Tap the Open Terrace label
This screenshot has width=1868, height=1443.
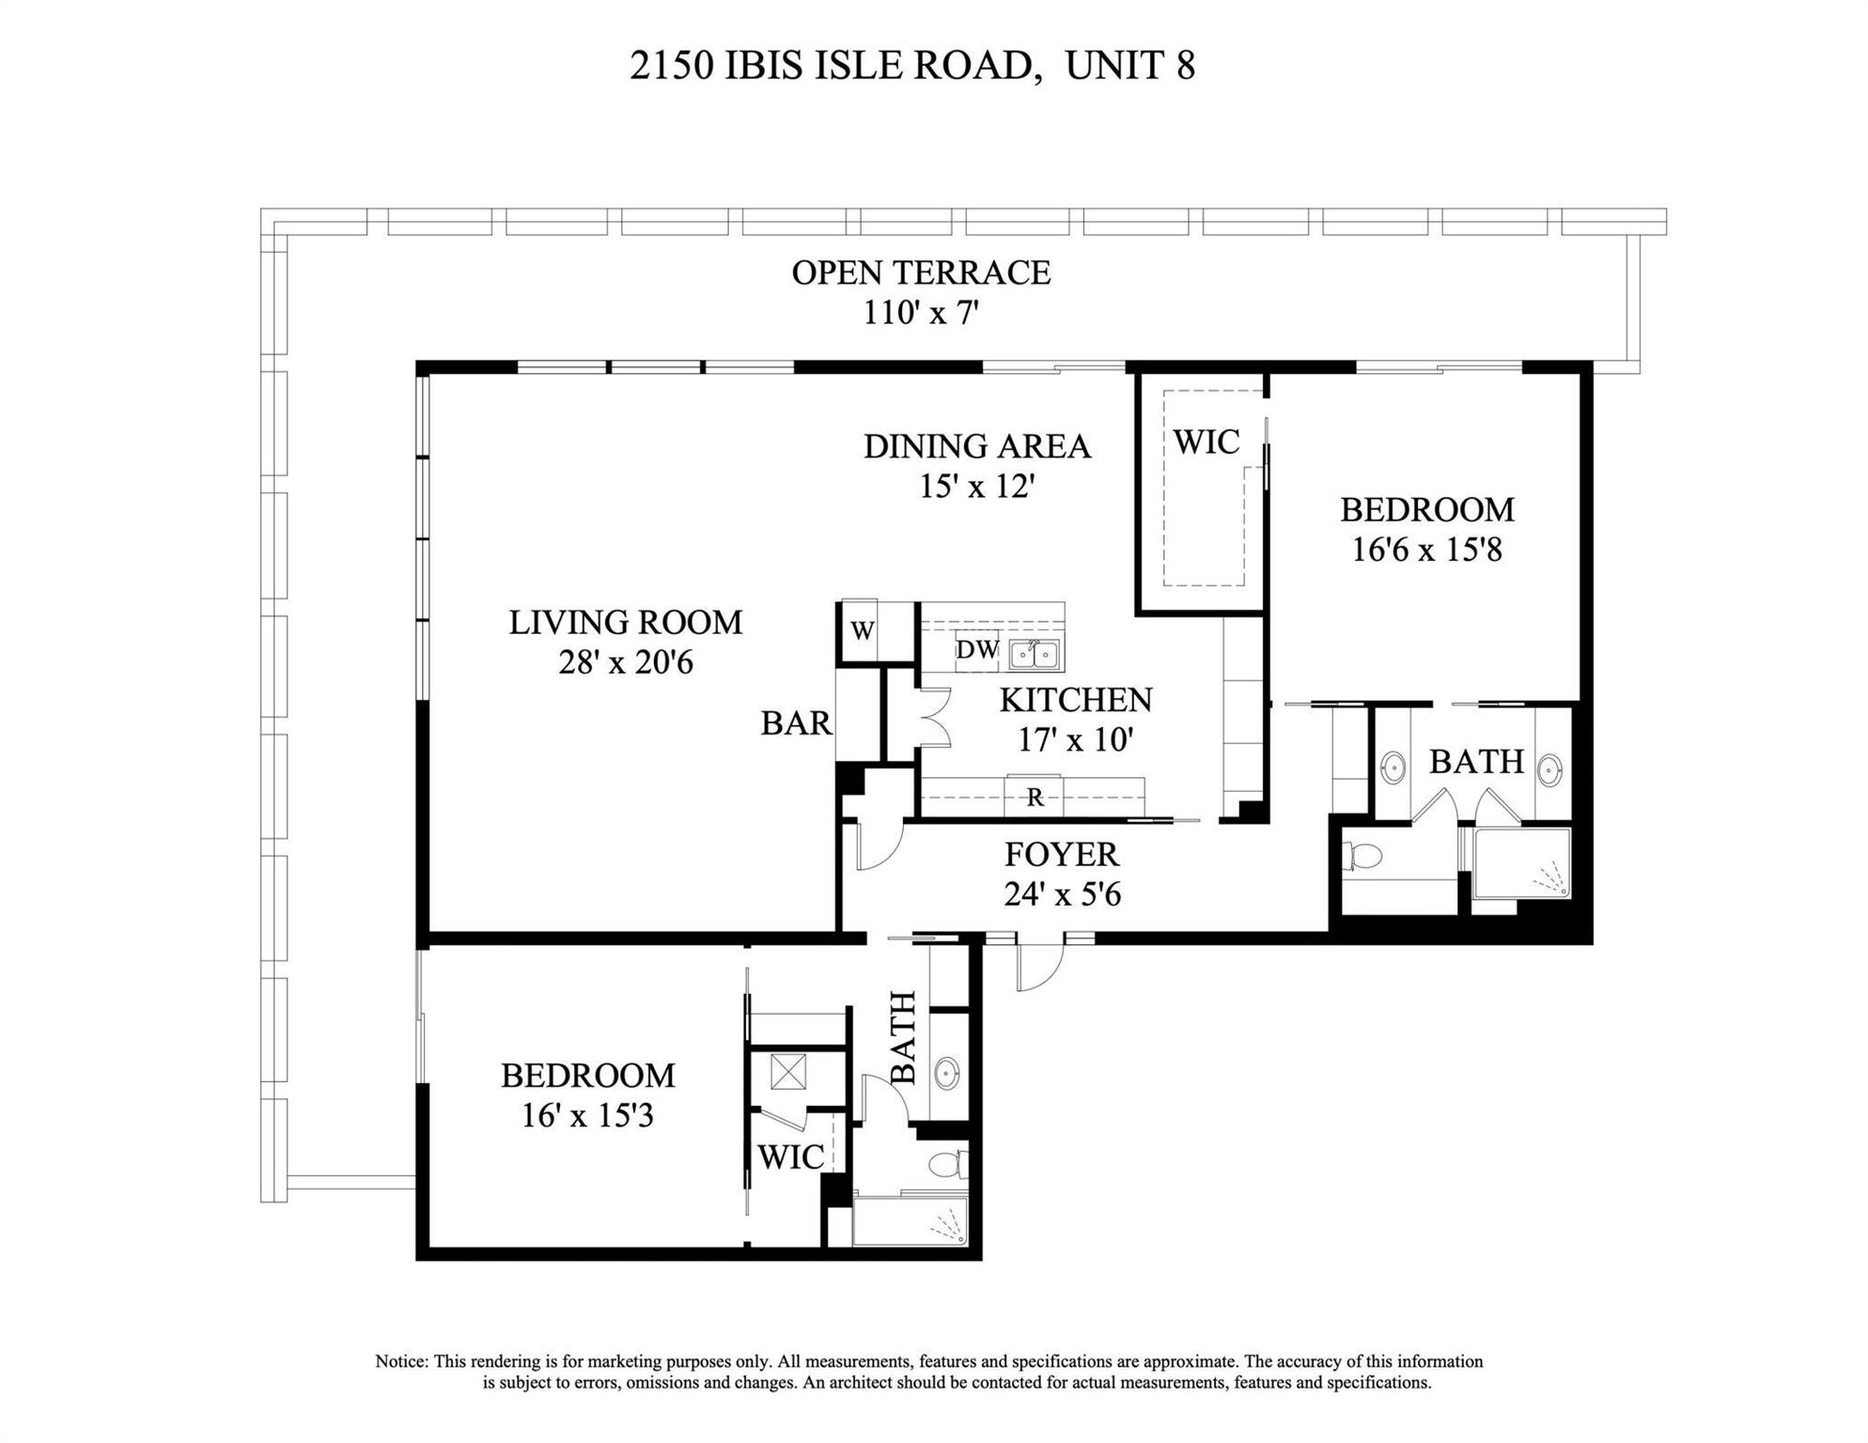coord(921,272)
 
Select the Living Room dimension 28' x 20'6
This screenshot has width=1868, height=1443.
coord(626,662)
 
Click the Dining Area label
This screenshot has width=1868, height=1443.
coord(977,446)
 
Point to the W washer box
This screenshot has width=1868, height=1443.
coord(863,631)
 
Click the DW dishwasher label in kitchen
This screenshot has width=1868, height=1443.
coord(977,650)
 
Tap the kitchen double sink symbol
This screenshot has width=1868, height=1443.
coord(1034,654)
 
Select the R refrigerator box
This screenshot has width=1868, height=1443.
coord(1035,798)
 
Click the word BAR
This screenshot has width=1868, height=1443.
coord(796,723)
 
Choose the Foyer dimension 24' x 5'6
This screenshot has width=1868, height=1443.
coord(1062,893)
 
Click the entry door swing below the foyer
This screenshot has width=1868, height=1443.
coord(1039,963)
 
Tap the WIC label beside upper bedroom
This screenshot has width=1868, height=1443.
coord(1206,442)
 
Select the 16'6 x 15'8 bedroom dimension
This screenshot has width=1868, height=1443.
coord(1426,550)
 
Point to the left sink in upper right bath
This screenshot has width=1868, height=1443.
coord(1393,768)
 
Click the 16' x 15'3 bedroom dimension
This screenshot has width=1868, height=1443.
coord(587,1116)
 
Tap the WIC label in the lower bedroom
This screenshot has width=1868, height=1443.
coord(791,1157)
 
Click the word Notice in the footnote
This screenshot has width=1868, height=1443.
coord(403,1361)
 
